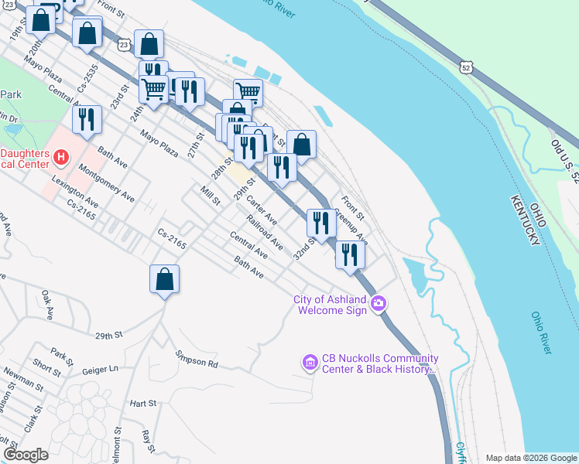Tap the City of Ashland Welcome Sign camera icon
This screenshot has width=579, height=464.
378,303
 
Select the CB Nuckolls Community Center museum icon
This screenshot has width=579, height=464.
310,362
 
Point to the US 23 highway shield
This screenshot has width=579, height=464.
124,46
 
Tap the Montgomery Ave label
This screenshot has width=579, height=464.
107,186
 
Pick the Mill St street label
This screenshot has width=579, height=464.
210,195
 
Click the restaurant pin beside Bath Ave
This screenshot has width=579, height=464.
87,119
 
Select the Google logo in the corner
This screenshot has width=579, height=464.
26,455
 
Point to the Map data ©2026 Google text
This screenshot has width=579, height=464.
530,458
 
